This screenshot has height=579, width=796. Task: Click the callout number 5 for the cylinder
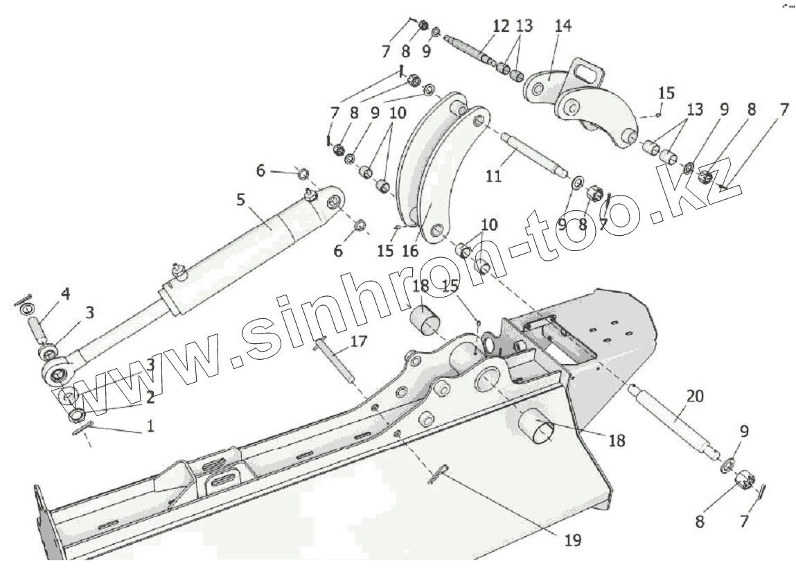coord(240,200)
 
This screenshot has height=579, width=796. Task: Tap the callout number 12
coord(501,26)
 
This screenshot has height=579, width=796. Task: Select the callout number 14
coord(563,26)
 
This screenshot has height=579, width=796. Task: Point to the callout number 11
coord(493,176)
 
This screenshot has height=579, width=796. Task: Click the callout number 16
coord(410,250)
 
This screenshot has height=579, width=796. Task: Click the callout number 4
coord(65,293)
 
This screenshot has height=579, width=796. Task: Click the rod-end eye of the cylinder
coord(58,375)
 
